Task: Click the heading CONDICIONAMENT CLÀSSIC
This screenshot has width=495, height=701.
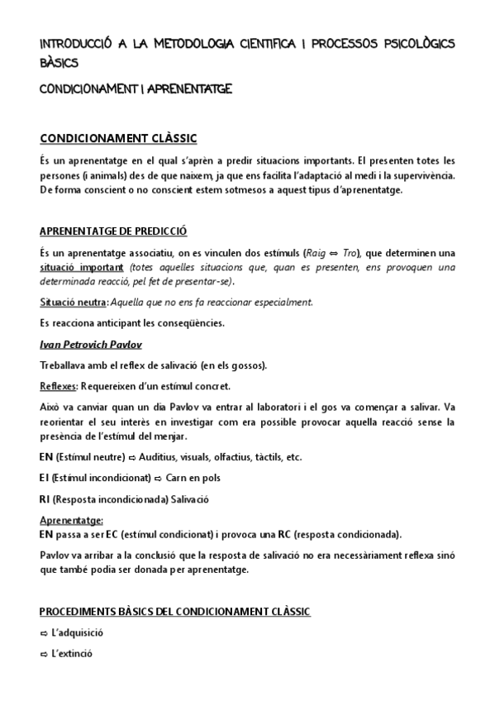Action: [x=118, y=137]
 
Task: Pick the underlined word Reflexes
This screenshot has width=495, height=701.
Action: [x=59, y=386]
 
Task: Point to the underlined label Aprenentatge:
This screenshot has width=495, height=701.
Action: [x=71, y=520]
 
